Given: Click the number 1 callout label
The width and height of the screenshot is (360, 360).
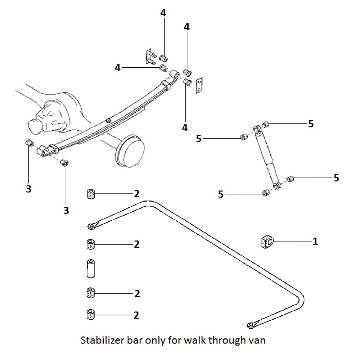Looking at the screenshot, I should [315, 241].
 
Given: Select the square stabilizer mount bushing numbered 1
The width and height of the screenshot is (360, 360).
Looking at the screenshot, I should [267, 242].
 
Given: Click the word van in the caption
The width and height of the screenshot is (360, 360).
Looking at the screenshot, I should [257, 340].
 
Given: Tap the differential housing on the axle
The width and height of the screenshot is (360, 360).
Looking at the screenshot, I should [54, 115].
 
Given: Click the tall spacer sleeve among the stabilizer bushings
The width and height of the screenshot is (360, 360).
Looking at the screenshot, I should [91, 268].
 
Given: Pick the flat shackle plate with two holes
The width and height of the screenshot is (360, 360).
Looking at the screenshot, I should [199, 85].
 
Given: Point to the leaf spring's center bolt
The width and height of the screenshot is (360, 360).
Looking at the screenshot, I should [108, 120].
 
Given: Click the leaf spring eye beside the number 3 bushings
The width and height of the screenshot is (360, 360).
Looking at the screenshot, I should [43, 151].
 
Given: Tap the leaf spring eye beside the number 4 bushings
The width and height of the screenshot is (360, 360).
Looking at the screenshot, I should [175, 74].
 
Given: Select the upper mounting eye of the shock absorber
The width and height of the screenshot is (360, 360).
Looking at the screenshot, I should [257, 129].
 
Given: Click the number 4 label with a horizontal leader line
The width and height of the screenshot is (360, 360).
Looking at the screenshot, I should [118, 67].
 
